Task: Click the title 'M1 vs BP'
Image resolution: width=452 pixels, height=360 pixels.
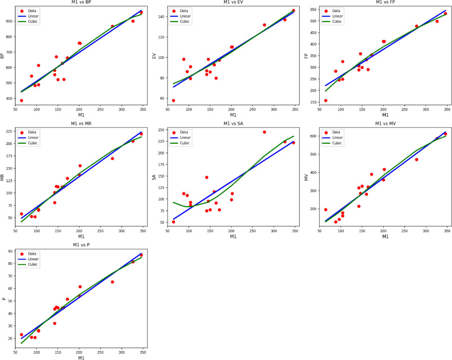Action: click(x=81, y=2)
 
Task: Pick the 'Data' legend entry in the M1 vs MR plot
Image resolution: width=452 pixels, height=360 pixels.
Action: click(x=43, y=132)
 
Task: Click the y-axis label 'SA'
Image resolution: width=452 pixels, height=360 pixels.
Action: click(x=153, y=177)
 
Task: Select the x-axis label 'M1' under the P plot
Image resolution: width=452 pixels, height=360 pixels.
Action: click(x=81, y=357)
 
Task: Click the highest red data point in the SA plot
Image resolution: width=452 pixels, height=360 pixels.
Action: click(x=264, y=132)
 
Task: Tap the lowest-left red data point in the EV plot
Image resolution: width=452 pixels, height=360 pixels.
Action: click(x=173, y=100)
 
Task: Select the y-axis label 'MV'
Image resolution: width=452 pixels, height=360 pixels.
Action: click(x=306, y=177)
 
